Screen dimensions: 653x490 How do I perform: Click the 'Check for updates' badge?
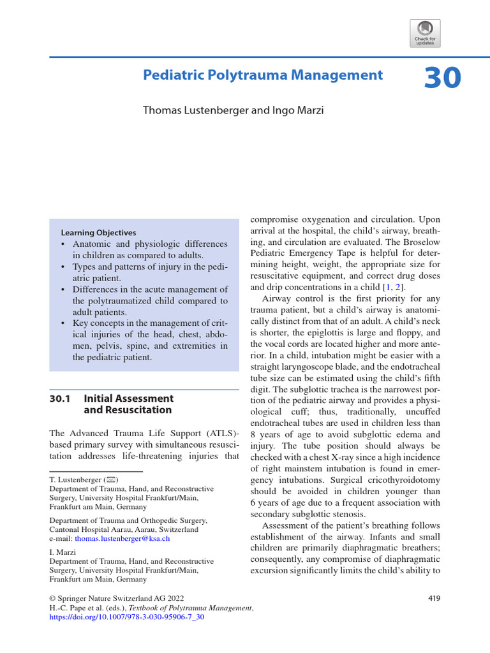coord(425,33)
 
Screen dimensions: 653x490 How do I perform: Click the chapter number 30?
coord(442,77)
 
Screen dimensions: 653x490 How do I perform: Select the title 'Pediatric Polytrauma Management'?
coord(263,75)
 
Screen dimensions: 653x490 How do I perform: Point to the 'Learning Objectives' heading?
coord(98,233)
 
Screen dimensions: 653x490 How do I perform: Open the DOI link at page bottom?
coord(126,618)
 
